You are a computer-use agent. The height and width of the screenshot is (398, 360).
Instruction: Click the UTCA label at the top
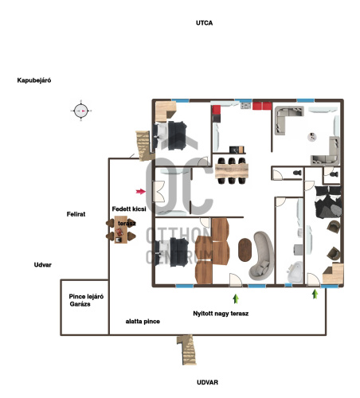pos(204,23)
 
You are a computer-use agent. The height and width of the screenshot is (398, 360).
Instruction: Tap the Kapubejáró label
pos(34,80)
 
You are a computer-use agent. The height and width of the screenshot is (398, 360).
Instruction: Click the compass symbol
pos(81,111)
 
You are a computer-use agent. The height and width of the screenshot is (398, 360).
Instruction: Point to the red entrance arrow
pos(141,191)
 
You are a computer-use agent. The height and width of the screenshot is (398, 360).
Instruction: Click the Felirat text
pos(76,214)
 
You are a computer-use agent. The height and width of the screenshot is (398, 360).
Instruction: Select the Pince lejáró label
pos(86,296)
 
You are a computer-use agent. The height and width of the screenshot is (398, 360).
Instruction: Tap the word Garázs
pos(80,304)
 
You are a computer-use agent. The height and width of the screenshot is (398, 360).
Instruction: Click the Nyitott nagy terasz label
pos(221,314)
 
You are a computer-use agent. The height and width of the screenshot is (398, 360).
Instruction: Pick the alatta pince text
pos(143,322)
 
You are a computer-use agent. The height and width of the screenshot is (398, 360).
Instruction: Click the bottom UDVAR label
pos(207,382)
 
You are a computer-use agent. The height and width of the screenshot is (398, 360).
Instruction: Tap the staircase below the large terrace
pos(187,349)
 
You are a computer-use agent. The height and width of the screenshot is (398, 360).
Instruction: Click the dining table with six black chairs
pos(232,170)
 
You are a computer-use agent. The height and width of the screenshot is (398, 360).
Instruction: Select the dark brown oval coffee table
pos(245,250)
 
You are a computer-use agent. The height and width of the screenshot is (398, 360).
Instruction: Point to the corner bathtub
pos(295,272)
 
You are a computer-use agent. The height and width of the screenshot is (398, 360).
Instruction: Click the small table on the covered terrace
pos(121,229)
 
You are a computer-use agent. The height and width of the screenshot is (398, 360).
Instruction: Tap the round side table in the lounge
pos(312,137)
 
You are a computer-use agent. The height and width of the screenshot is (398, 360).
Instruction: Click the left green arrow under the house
pos(236,298)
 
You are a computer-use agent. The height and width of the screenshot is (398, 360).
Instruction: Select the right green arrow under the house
pos(315,294)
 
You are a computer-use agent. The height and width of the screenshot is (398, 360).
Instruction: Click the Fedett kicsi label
pos(129,209)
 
